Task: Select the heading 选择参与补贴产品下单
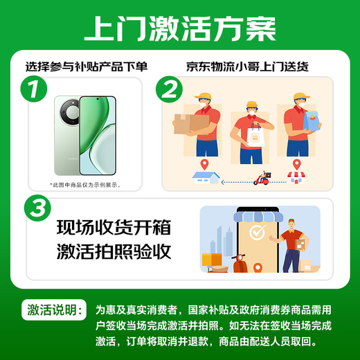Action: pos(88,67)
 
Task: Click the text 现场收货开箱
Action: pos(113,226)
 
